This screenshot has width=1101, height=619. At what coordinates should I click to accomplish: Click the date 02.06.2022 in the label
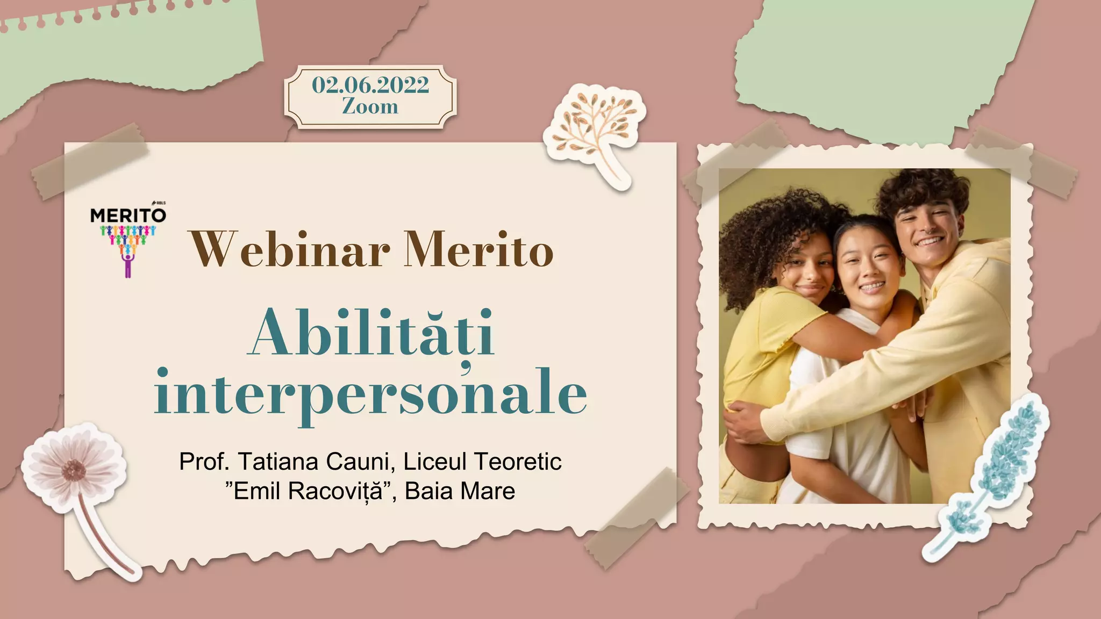pyautogui.click(x=370, y=85)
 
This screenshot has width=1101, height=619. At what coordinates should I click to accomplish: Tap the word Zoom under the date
pyautogui.click(x=370, y=106)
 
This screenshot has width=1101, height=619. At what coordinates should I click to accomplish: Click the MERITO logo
pyautogui.click(x=128, y=236)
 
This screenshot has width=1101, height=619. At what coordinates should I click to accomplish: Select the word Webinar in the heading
pyautogui.click(x=289, y=250)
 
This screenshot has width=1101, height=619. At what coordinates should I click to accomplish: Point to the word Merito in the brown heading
pyautogui.click(x=478, y=250)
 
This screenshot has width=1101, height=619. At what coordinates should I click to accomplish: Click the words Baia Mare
pyautogui.click(x=460, y=491)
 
